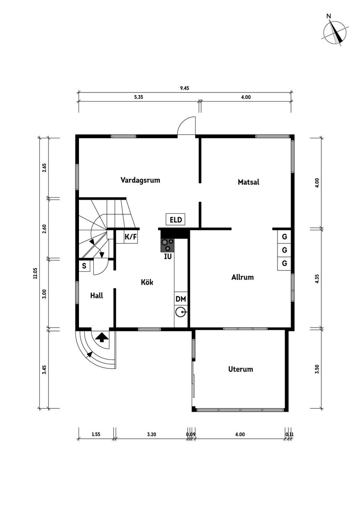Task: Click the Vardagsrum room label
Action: pyautogui.click(x=140, y=180)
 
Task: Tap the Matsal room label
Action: pyautogui.click(x=248, y=182)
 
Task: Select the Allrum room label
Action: pyautogui.click(x=242, y=277)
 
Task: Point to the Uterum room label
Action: pyautogui.click(x=240, y=369)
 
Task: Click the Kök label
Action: pyautogui.click(x=147, y=282)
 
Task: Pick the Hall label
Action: pyautogui.click(x=96, y=295)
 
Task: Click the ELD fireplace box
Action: pyautogui.click(x=176, y=219)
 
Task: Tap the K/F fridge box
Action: pyautogui.click(x=131, y=237)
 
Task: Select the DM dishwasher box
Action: pyautogui.click(x=181, y=299)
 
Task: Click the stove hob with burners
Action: pyautogui.click(x=168, y=245)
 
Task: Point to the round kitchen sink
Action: pyautogui.click(x=181, y=312)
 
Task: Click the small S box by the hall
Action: pyautogui.click(x=84, y=266)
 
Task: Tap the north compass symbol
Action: pyautogui.click(x=335, y=33)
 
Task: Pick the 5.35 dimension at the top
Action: pyautogui.click(x=139, y=97)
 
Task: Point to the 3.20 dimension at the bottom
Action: pyautogui.click(x=151, y=434)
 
